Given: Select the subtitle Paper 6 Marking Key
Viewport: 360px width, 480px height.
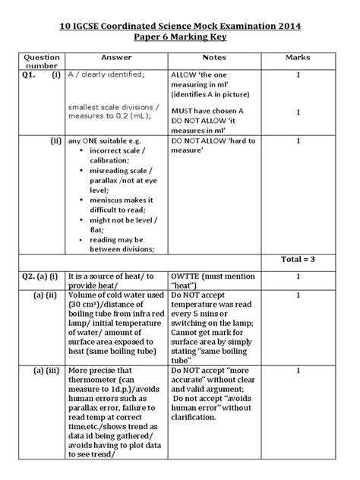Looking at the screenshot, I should [180, 39].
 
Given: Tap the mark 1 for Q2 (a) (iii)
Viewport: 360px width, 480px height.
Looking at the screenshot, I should [298, 370].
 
